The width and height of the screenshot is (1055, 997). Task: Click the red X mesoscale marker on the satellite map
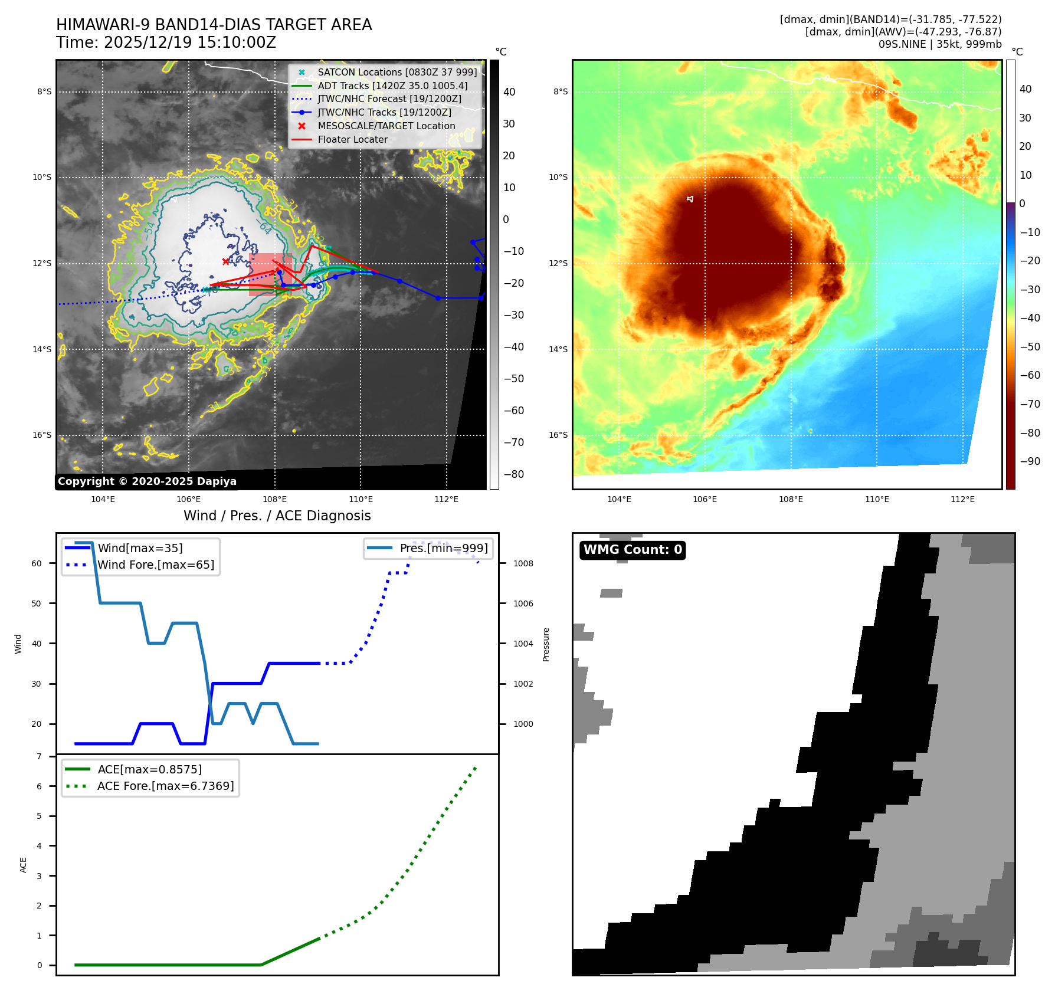coord(225,261)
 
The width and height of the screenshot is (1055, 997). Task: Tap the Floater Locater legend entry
coord(352,140)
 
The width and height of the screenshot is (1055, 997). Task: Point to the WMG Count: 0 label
coord(633,550)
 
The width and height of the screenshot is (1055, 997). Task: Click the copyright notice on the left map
coord(147,481)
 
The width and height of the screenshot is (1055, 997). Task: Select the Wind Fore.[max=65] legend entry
coord(156,565)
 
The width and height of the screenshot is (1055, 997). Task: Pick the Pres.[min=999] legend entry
coord(444,548)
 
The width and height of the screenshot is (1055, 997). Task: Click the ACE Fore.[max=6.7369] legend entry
coord(165,786)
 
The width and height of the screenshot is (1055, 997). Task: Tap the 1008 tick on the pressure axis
coord(523,563)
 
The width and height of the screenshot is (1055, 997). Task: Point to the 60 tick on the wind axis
coord(37,563)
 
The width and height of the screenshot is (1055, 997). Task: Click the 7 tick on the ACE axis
coord(40,756)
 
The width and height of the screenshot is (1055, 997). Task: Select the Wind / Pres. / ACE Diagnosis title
coord(277,516)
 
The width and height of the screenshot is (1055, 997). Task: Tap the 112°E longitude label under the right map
coord(962,499)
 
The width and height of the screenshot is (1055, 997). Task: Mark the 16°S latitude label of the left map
coord(42,435)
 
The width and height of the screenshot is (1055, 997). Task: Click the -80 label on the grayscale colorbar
coord(513,474)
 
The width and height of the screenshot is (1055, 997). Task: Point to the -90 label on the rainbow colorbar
coord(1030,461)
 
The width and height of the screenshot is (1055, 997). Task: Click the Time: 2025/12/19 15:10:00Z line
coord(166,42)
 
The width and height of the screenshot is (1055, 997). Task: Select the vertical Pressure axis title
coord(546,644)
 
